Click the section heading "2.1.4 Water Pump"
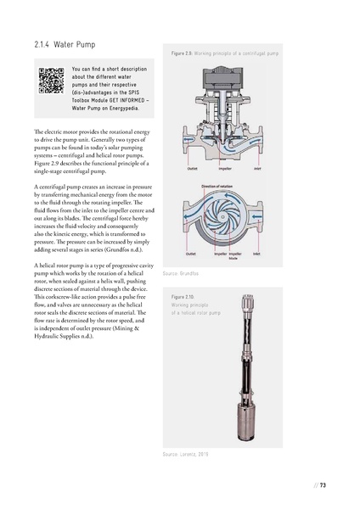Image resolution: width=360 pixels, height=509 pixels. [x=65, y=44]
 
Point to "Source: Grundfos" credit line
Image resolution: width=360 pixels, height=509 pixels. [x=180, y=275]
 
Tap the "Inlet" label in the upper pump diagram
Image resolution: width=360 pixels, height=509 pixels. [x=256, y=168]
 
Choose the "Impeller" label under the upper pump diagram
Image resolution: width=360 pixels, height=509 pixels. [x=224, y=168]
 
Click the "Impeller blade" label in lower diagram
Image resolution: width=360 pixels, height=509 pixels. [x=235, y=255]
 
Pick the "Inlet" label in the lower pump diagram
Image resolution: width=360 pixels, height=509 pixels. [x=256, y=254]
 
